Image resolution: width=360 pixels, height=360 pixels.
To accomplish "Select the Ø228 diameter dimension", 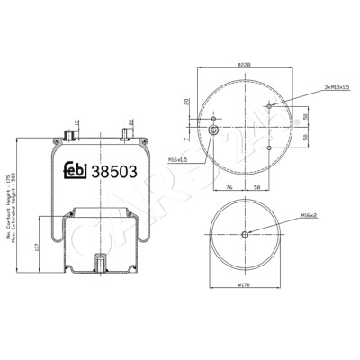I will coord(242,65).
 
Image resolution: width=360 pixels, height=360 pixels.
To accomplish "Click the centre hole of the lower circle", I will coord(245,235).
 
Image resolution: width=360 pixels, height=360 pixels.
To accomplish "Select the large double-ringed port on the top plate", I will coord(213,130).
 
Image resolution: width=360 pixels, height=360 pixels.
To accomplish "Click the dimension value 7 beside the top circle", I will coord(187,139).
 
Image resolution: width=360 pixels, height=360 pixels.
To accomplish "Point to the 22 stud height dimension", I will coord(131,121).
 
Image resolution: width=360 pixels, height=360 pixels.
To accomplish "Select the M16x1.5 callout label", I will coord(178,158).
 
